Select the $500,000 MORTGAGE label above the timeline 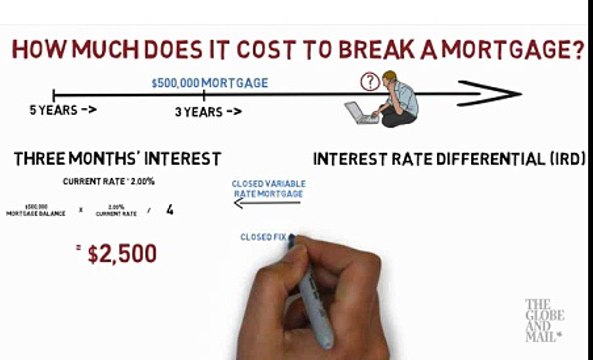click(209, 83)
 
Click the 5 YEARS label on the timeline click(62, 111)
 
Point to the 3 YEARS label click(208, 112)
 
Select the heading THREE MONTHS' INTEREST click(117, 159)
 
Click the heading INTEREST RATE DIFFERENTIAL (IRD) click(449, 159)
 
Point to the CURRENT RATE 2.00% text click(110, 181)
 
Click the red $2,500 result click(122, 254)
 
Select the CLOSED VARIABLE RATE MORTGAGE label click(268, 188)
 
